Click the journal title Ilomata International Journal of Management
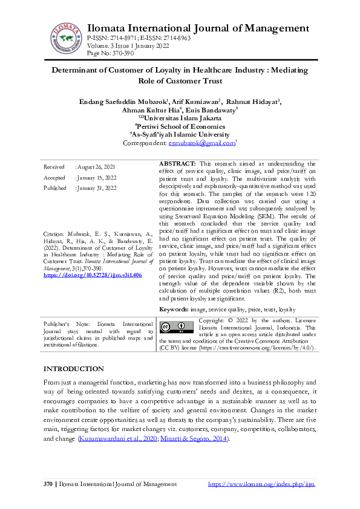[198, 28]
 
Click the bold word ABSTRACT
[177, 164]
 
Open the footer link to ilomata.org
[261, 484]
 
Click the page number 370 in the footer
[48, 484]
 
